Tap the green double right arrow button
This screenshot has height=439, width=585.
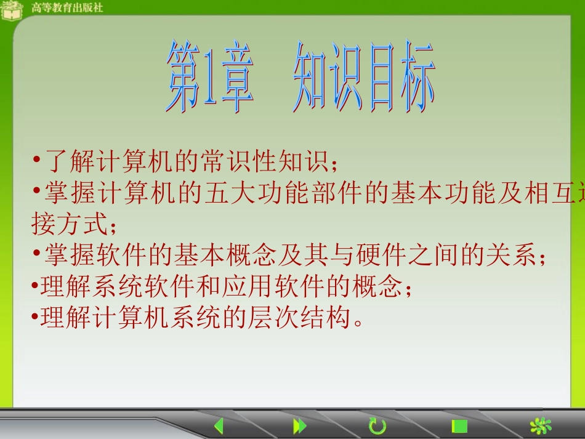click(300, 426)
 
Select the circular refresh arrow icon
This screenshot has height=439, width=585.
click(377, 426)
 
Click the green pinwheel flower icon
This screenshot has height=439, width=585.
click(541, 426)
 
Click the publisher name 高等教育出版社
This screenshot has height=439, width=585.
click(67, 8)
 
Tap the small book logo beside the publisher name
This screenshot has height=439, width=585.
click(12, 10)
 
